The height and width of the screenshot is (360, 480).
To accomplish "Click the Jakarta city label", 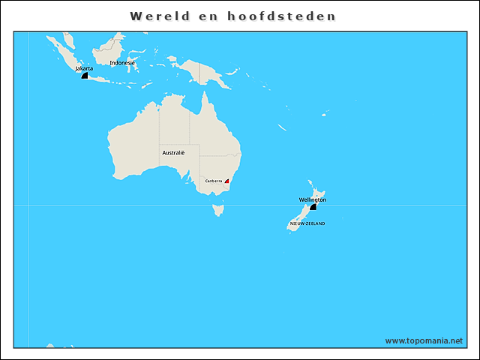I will tap(84, 68).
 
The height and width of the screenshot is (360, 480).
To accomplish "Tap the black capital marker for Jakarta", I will tap(85, 75).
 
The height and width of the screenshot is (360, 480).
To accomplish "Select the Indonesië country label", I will tap(122, 63).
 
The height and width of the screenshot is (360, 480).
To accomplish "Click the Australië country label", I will tap(173, 152).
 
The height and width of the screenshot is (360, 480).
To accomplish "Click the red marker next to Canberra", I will tap(227, 181).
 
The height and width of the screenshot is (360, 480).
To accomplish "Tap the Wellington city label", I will tap(313, 199).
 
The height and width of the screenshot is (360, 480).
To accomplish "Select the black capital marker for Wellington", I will tap(313, 206).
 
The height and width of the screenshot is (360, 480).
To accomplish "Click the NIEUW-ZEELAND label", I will tap(307, 223).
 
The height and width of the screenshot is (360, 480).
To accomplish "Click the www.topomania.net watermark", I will tap(424, 340).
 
